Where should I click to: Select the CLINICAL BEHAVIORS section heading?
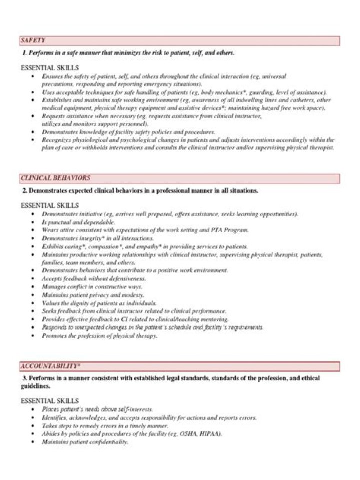point(55,178)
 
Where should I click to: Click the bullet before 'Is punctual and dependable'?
point(33,222)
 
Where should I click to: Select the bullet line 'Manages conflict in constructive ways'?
point(92,287)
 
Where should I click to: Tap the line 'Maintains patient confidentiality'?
point(85,442)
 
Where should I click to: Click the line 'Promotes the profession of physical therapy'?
point(100,336)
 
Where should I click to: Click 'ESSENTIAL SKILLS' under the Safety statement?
point(49,67)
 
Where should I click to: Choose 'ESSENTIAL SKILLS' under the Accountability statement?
point(49,401)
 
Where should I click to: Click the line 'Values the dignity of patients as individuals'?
point(99,303)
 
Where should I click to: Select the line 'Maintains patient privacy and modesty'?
point(93,295)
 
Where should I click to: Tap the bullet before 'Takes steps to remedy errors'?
point(33,426)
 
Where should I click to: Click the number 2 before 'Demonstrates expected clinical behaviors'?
point(24,191)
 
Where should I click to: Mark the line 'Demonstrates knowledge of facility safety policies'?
point(129,132)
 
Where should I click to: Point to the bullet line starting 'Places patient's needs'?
point(97,409)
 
